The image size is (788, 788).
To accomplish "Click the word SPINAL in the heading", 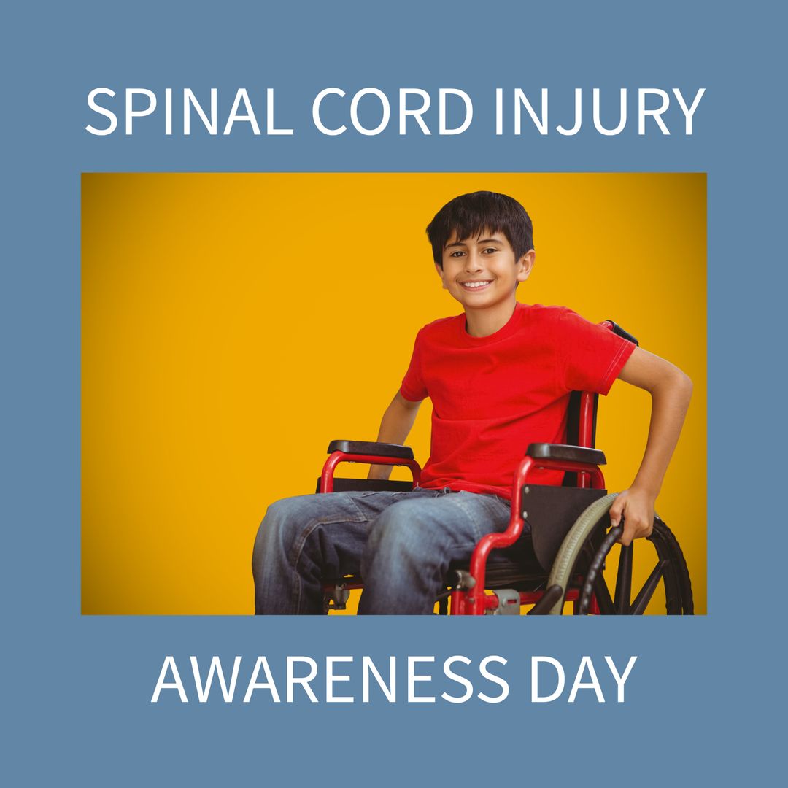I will (189, 112).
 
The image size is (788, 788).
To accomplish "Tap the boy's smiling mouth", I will (476, 284).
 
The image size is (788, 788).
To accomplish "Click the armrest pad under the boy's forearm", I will (370, 449).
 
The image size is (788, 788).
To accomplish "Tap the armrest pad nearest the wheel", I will (566, 454).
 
